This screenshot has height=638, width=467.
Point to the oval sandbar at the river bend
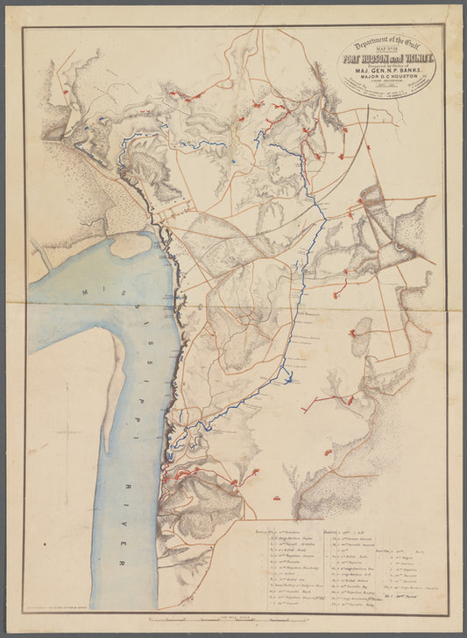pyautogui.click(x=130, y=245)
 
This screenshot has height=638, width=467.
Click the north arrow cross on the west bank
pyautogui.click(x=67, y=431)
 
